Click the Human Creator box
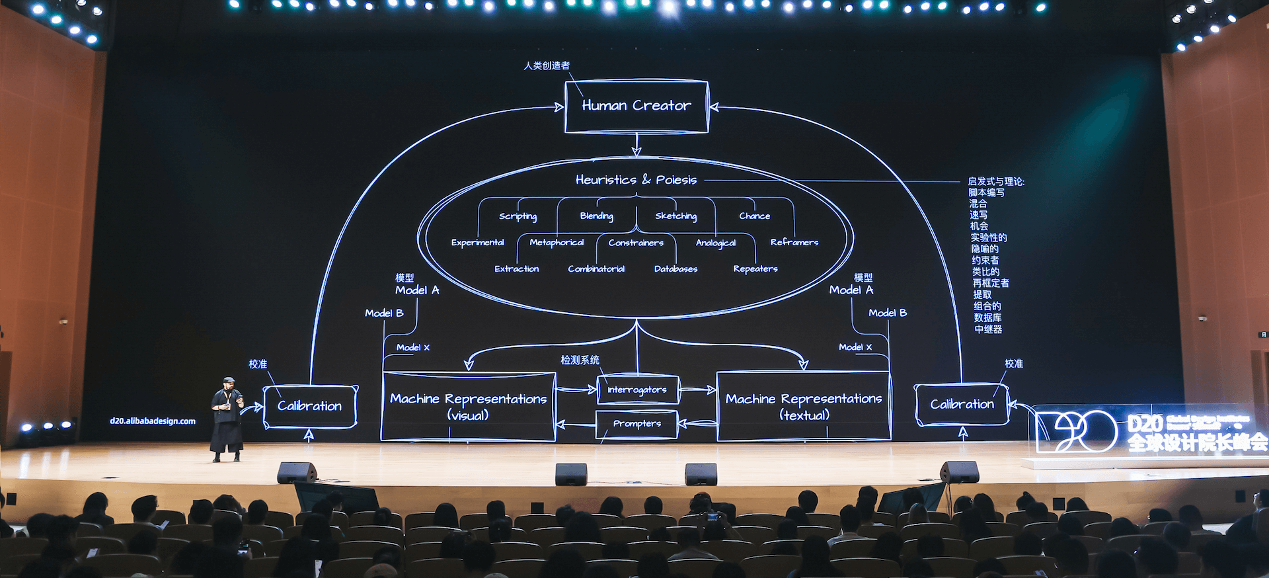[x=636, y=106]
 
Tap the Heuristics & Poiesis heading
[x=636, y=180]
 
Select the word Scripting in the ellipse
[x=518, y=216]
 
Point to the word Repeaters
[x=755, y=269]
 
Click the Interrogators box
[x=637, y=390]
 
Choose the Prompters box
[x=636, y=424]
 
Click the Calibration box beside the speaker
[x=309, y=406]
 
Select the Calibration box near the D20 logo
[x=962, y=404]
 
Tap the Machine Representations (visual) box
[x=468, y=406]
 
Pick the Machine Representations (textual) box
[x=804, y=406]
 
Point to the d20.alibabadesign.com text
[x=153, y=421]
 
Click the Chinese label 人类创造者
[x=547, y=65]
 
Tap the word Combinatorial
[x=596, y=269]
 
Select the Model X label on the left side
[x=412, y=347]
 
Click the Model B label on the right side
[x=887, y=313]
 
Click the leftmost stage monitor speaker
[x=297, y=472]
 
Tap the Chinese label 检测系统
[x=580, y=360]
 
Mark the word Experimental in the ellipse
[x=477, y=243]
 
